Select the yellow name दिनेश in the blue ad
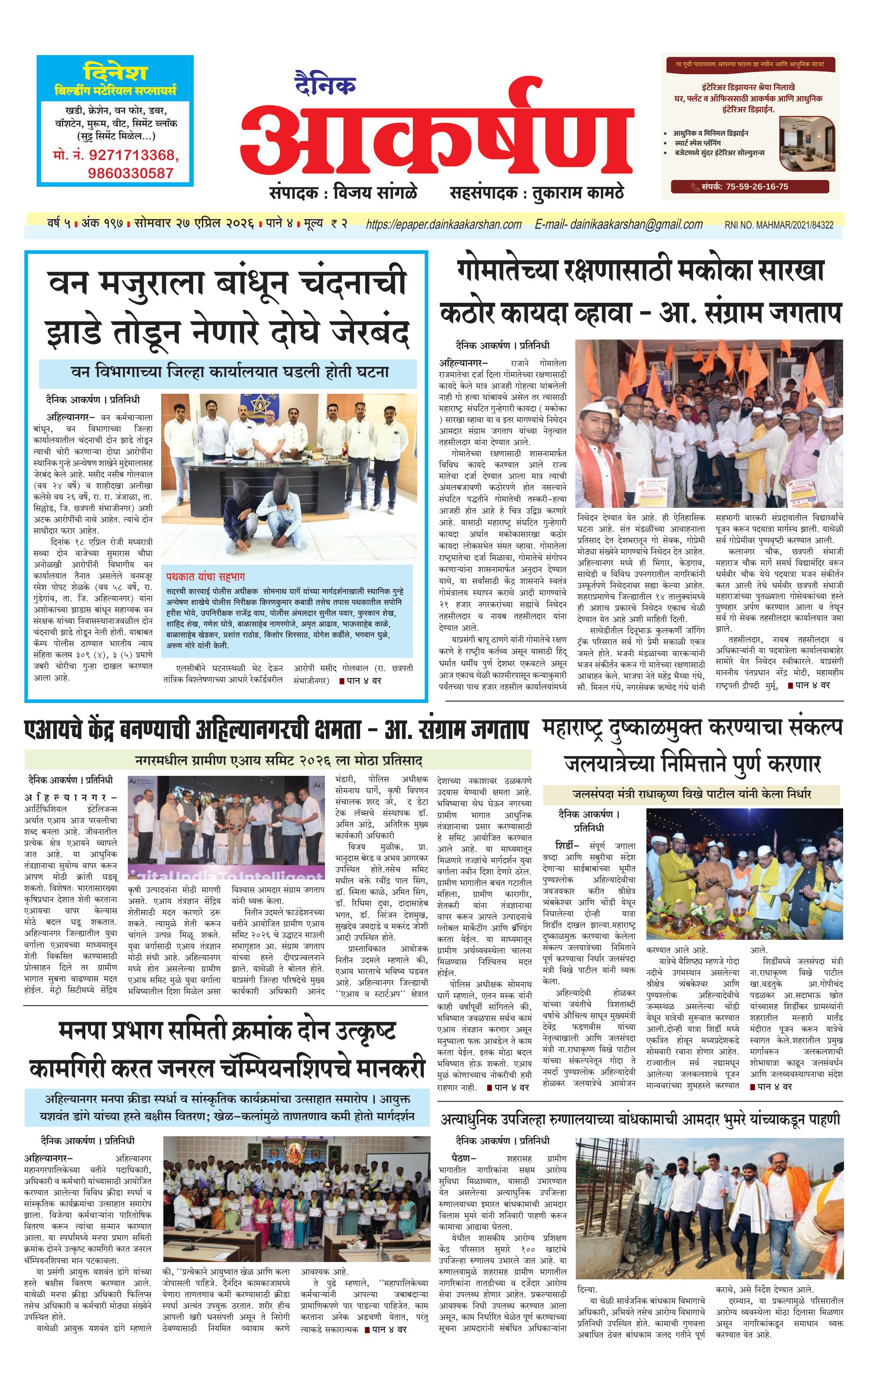[115, 73]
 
